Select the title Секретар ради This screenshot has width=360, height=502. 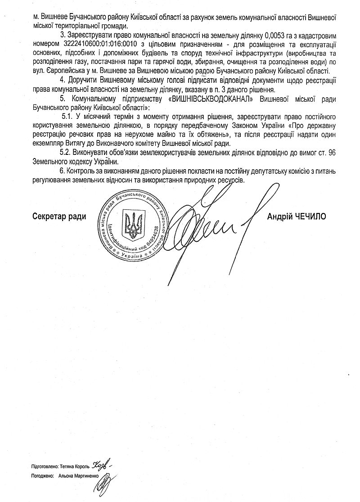59,217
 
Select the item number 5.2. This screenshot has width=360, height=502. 67,153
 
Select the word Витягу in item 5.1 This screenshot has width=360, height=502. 76,144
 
